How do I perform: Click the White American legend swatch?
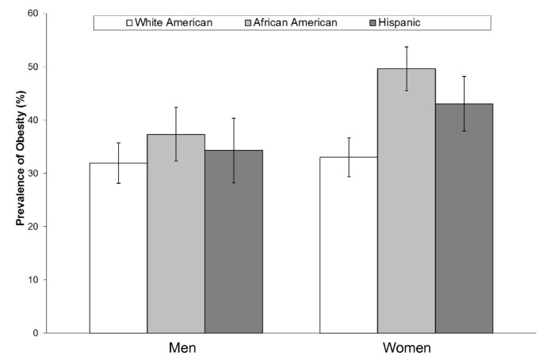(128, 22)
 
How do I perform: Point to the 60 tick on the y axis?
(33, 13)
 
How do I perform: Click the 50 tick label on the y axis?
(33, 67)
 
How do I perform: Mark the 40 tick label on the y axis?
(33, 120)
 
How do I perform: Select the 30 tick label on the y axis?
(33, 173)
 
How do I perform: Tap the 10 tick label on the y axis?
(33, 280)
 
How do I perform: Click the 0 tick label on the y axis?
(36, 333)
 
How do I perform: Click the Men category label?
(183, 348)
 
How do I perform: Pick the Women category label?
(406, 348)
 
